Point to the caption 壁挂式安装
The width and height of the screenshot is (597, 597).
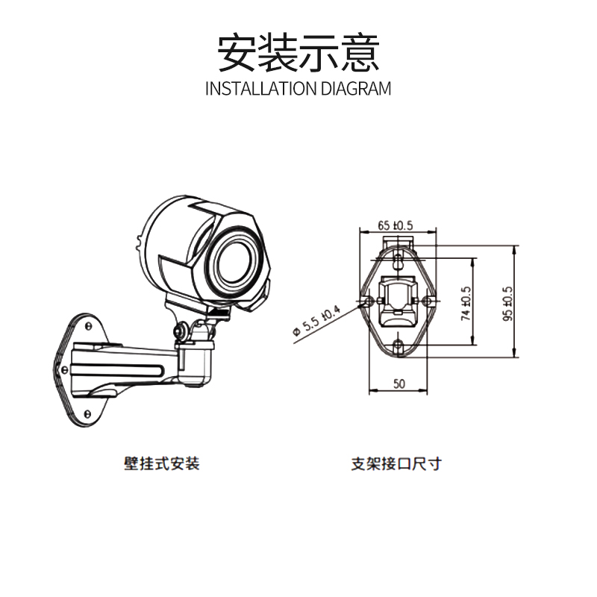162,464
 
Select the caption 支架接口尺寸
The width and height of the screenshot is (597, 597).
396,464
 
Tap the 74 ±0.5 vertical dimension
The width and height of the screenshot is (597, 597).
466,302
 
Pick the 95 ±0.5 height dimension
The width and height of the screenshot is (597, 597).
507,302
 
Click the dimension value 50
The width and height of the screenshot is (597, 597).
398,384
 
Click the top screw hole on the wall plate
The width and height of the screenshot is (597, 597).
88,325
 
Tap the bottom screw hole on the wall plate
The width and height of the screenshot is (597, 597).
88,413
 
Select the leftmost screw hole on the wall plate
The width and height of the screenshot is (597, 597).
60,367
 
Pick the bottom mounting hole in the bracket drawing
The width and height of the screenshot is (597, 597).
398,345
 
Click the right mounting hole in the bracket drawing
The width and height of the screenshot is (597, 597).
426,300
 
